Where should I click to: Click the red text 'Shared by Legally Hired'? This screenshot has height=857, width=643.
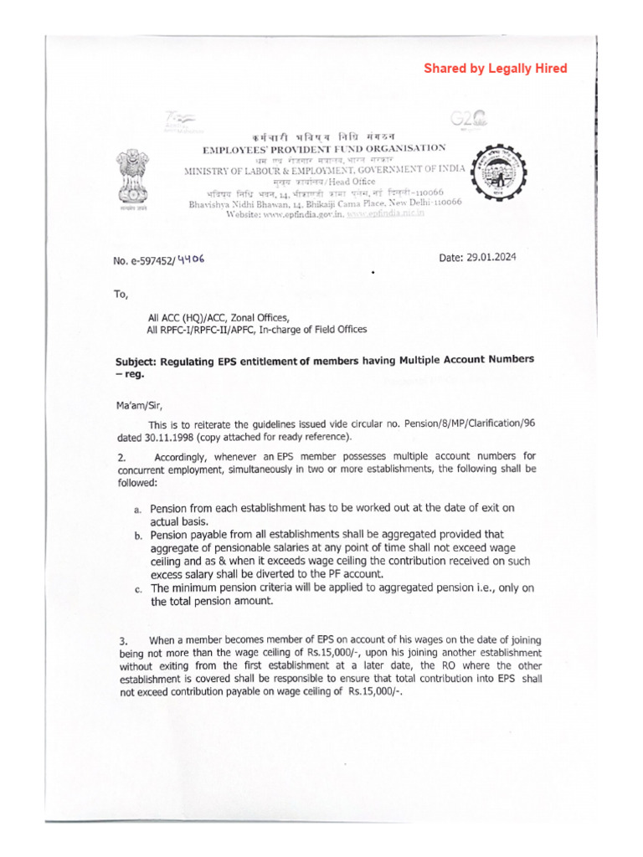click(x=495, y=69)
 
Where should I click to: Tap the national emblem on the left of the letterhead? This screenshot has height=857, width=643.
click(x=131, y=172)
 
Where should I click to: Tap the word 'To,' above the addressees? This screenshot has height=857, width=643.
click(x=122, y=294)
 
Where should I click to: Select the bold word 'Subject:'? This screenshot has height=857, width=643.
click(x=138, y=360)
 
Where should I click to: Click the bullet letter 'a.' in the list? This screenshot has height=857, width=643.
click(x=137, y=510)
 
